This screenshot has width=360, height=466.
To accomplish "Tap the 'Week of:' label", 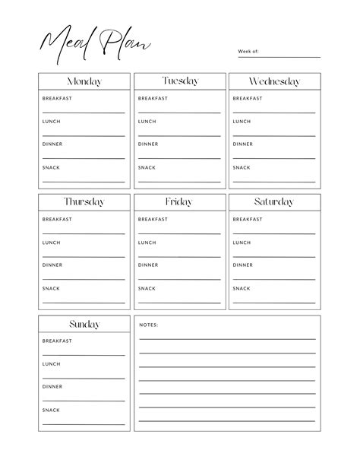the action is [248, 52].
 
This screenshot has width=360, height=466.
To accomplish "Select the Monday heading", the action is [84, 81].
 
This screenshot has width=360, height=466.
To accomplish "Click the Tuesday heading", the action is [180, 81].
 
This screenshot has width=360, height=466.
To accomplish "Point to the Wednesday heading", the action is [274, 81].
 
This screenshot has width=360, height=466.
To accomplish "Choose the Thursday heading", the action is [84, 202].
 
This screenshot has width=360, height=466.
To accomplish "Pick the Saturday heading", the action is [274, 202].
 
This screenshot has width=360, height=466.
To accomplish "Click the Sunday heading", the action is [84, 325].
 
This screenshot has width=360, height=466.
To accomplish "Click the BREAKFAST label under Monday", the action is [57, 98].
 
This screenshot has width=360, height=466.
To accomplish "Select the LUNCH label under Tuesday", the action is [147, 122].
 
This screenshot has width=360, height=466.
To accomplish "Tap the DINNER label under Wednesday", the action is [243, 144].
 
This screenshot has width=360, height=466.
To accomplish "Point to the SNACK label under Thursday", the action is [51, 289].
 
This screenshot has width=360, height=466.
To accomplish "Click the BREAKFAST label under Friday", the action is [153, 220].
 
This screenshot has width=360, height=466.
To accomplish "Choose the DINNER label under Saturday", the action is [243, 265].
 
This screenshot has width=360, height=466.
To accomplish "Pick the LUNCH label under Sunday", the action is [52, 364].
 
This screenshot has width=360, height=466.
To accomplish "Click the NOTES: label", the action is [148, 325].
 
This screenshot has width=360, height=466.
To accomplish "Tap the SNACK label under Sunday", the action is [51, 411].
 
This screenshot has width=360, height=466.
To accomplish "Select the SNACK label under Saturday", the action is [242, 289].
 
